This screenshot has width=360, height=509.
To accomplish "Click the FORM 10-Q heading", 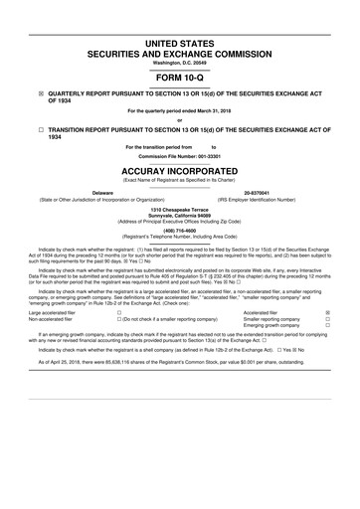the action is pyautogui.click(x=180, y=78).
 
